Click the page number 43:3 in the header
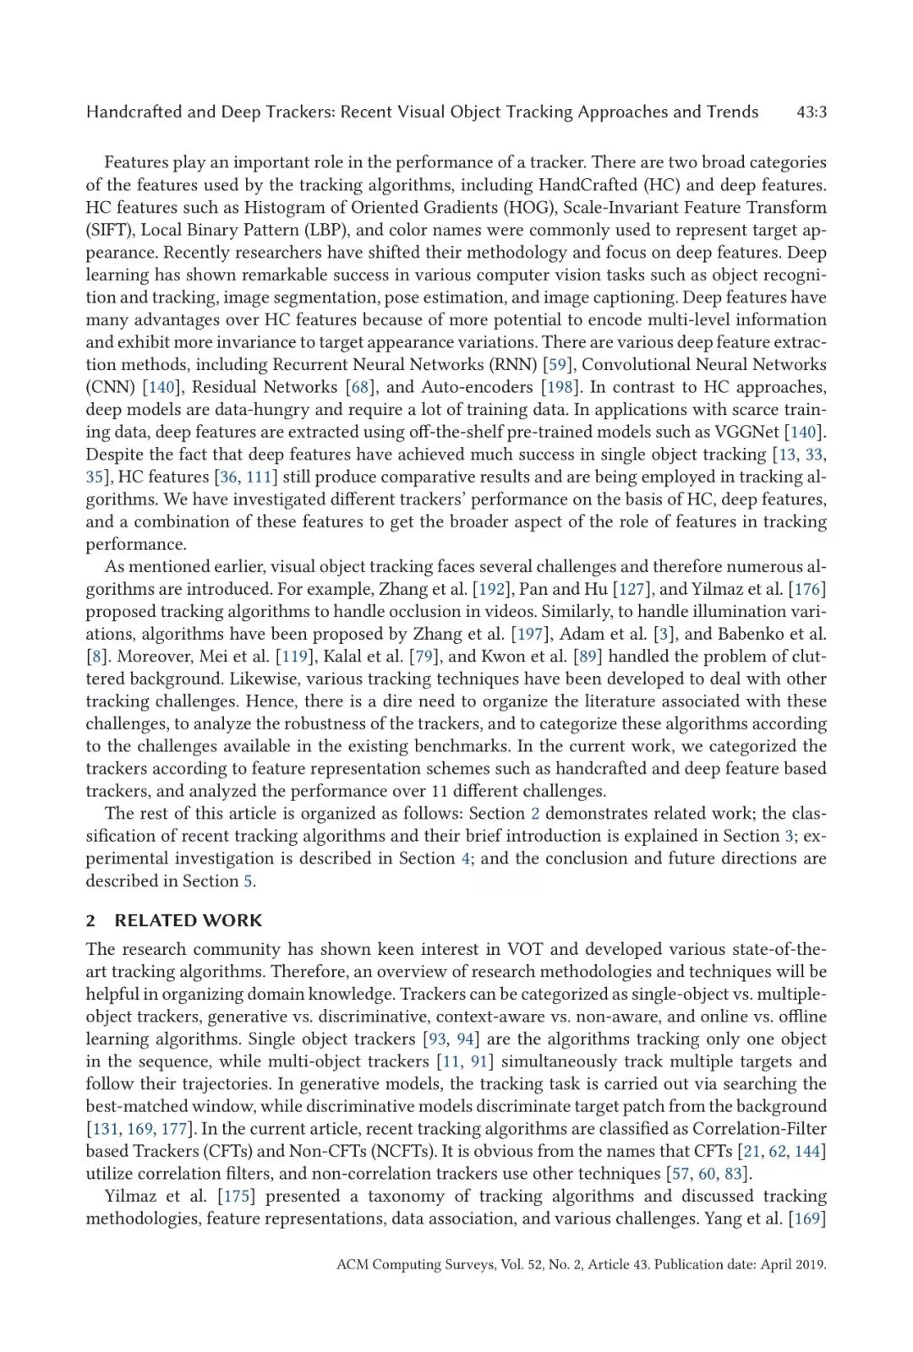coord(811,112)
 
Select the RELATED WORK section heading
coord(188,921)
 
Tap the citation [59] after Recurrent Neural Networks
coord(557,365)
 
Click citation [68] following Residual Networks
coord(360,388)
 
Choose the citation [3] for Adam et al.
coord(664,635)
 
